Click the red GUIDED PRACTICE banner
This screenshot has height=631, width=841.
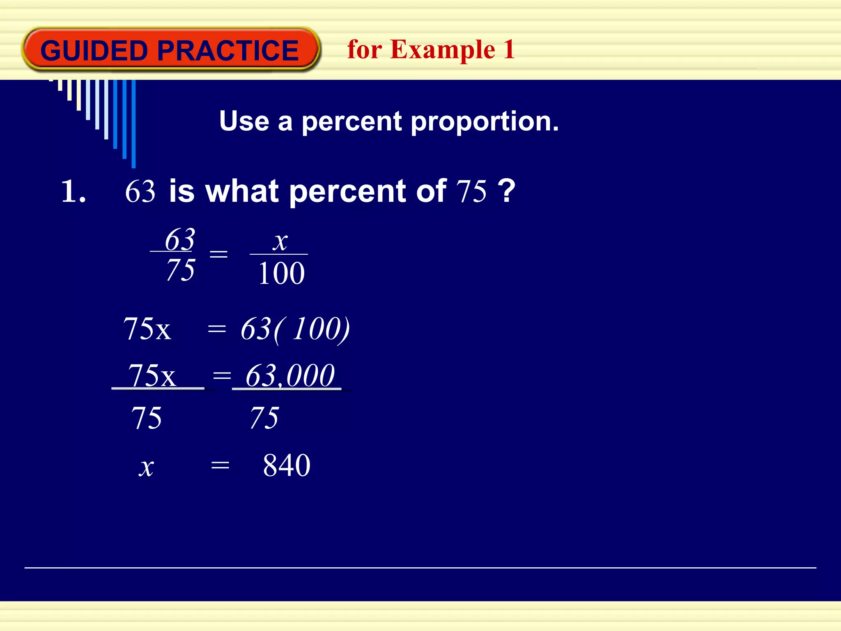(170, 50)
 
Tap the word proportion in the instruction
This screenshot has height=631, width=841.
(485, 122)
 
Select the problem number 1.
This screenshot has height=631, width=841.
(73, 191)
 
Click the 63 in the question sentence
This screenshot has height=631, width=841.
(140, 191)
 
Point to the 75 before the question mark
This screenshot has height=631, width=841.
(471, 191)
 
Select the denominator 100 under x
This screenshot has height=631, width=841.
(281, 274)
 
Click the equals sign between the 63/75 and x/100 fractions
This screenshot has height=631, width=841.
(218, 254)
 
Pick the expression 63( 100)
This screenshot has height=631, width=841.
(295, 329)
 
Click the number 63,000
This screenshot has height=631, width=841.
(290, 375)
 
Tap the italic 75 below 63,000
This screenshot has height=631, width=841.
(264, 418)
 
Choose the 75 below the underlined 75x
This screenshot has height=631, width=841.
(147, 418)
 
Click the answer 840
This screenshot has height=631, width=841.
(287, 465)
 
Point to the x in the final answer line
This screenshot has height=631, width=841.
(146, 467)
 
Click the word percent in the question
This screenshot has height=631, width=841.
(347, 191)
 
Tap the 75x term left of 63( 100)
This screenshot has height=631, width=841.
(147, 329)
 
